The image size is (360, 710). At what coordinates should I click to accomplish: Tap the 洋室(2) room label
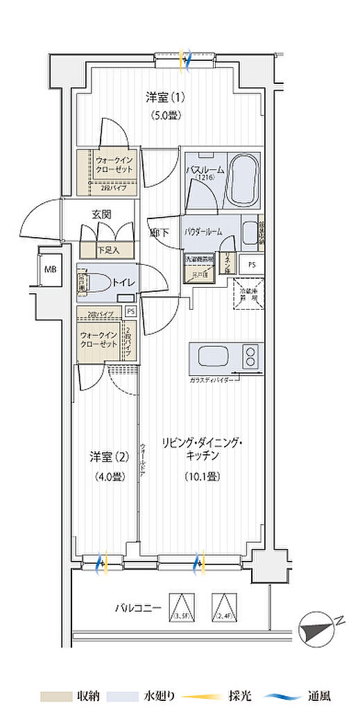tap(108, 456)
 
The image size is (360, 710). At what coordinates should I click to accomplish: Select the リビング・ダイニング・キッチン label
tap(203, 449)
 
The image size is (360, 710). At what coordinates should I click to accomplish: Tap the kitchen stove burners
tap(249, 358)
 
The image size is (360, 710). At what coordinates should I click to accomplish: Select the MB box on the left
tap(51, 269)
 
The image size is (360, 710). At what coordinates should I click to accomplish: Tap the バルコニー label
tap(139, 608)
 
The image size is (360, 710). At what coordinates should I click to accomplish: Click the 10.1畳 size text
tap(203, 477)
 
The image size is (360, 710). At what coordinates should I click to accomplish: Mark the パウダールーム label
tap(203, 232)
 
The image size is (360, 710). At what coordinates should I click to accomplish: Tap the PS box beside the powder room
tap(251, 264)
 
